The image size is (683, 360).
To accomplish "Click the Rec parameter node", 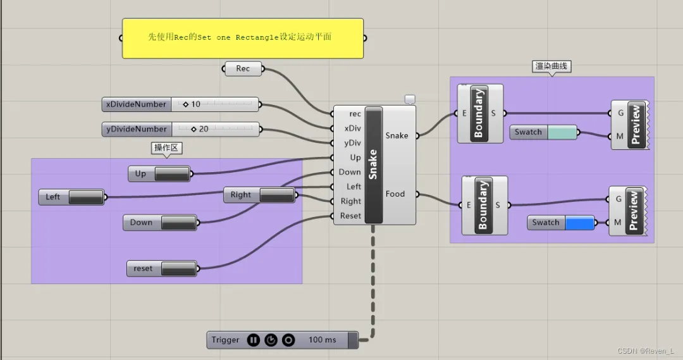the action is click(x=243, y=68).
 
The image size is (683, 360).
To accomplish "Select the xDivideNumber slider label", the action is click(x=137, y=104).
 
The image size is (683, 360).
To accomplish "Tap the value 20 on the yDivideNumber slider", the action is click(x=204, y=129).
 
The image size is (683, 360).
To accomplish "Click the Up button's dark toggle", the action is click(x=172, y=173).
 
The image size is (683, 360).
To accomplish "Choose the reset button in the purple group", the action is click(x=162, y=268).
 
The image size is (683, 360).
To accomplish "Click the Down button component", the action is click(x=160, y=222).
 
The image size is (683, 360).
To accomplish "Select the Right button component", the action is click(x=260, y=195).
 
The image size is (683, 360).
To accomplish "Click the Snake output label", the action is click(x=397, y=135).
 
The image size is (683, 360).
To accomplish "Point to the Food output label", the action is click(x=395, y=194).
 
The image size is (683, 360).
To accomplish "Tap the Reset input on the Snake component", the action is click(x=350, y=216).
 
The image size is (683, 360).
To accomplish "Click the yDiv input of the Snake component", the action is click(x=352, y=143).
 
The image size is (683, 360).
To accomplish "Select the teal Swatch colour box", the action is click(x=562, y=132).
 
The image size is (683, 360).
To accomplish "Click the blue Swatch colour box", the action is click(x=580, y=223).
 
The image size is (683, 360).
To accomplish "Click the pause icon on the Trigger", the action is click(x=254, y=340).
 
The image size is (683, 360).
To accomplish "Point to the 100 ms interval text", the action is click(x=323, y=340).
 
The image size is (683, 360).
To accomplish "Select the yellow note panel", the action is click(x=243, y=39).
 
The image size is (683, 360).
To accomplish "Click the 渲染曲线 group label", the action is click(x=551, y=66).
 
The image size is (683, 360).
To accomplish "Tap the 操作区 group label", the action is click(x=166, y=148).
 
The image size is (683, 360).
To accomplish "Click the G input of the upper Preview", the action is click(x=621, y=113).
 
